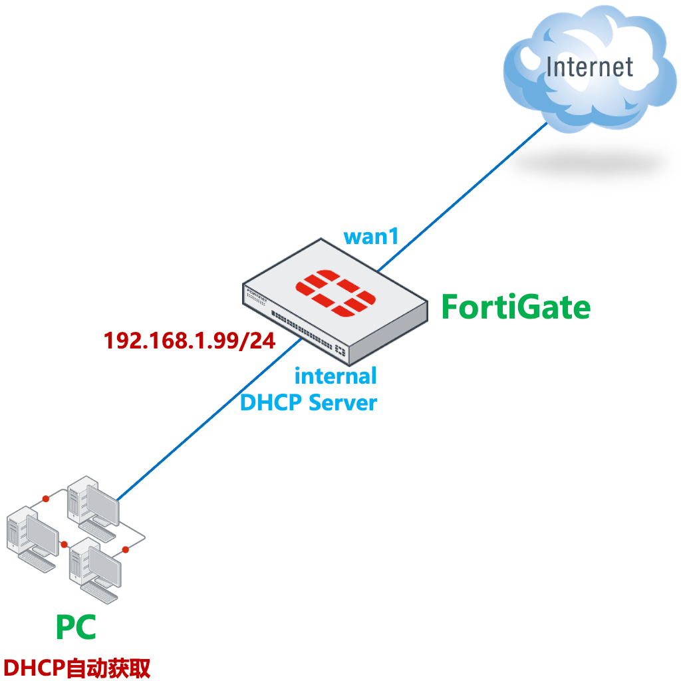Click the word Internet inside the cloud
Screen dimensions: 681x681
point(589,67)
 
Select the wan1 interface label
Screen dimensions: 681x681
point(370,236)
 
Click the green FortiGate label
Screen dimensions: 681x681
point(516,307)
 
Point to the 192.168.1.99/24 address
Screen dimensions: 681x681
point(189,340)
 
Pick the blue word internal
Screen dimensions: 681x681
point(335,376)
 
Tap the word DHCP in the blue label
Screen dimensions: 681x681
point(270,402)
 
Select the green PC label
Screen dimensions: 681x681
point(76,627)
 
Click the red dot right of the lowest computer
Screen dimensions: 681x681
point(125,550)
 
